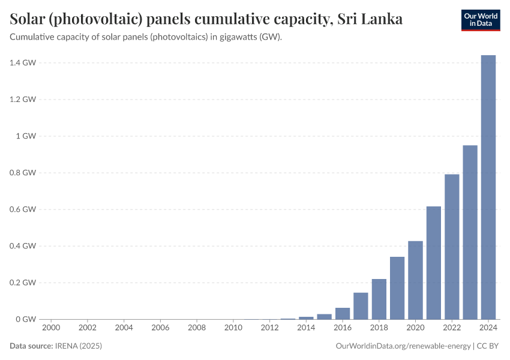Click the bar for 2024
pos(488,187)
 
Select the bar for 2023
pos(470,232)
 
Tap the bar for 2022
pos(452,247)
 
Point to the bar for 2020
pos(415,280)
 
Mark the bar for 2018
pos(379,299)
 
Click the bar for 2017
pos(361,306)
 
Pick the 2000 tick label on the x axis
pos(51,328)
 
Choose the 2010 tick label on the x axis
pos(233,328)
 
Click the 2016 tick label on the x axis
pos(343,328)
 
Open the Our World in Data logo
pos(480,20)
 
